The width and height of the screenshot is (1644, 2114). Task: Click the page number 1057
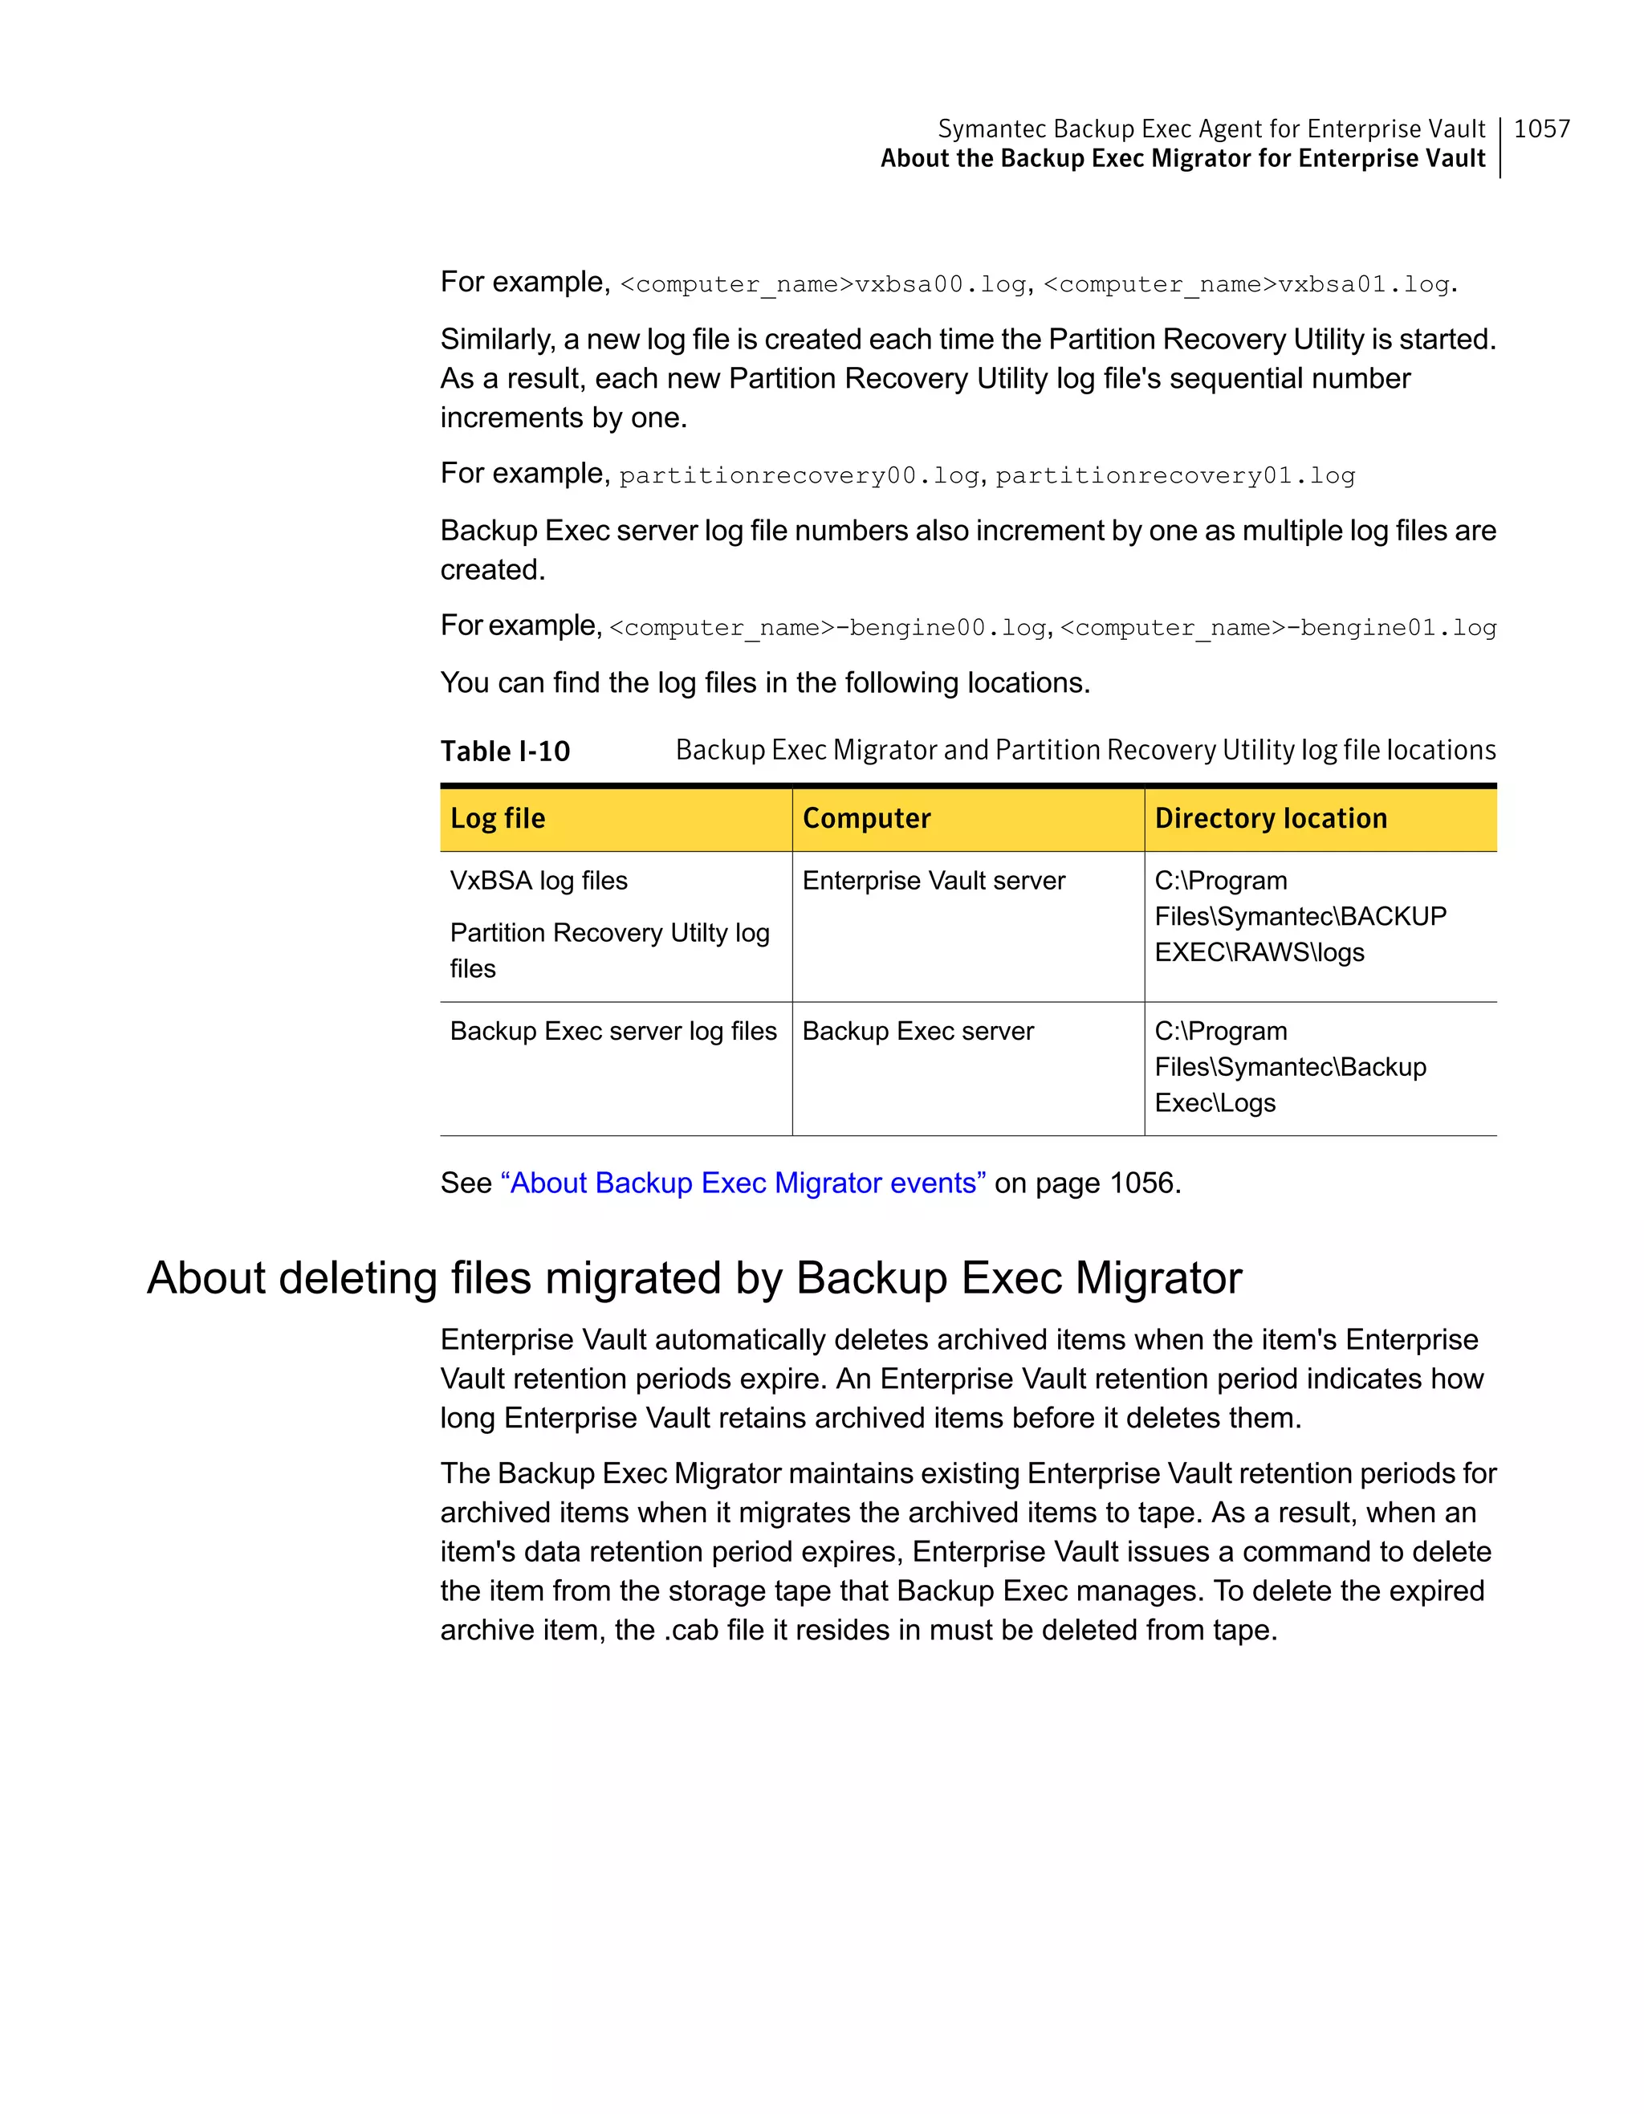[1540, 128]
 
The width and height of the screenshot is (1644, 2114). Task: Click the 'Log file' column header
[498, 819]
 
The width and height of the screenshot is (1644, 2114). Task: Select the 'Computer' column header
[866, 819]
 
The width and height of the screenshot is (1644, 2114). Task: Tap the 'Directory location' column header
[1271, 819]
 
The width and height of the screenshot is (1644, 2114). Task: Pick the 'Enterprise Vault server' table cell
[933, 881]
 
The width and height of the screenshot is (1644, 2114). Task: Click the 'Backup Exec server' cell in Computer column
[918, 1031]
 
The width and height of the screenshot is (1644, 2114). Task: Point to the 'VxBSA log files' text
[538, 881]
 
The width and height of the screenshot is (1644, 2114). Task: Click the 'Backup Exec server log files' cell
[612, 1031]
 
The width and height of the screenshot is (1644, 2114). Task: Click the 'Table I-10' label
[505, 752]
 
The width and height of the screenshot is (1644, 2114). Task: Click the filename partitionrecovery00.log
[800, 476]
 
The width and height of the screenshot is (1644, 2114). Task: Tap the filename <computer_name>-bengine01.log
[1277, 628]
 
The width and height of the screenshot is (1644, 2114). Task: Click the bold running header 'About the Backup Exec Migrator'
[1182, 159]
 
